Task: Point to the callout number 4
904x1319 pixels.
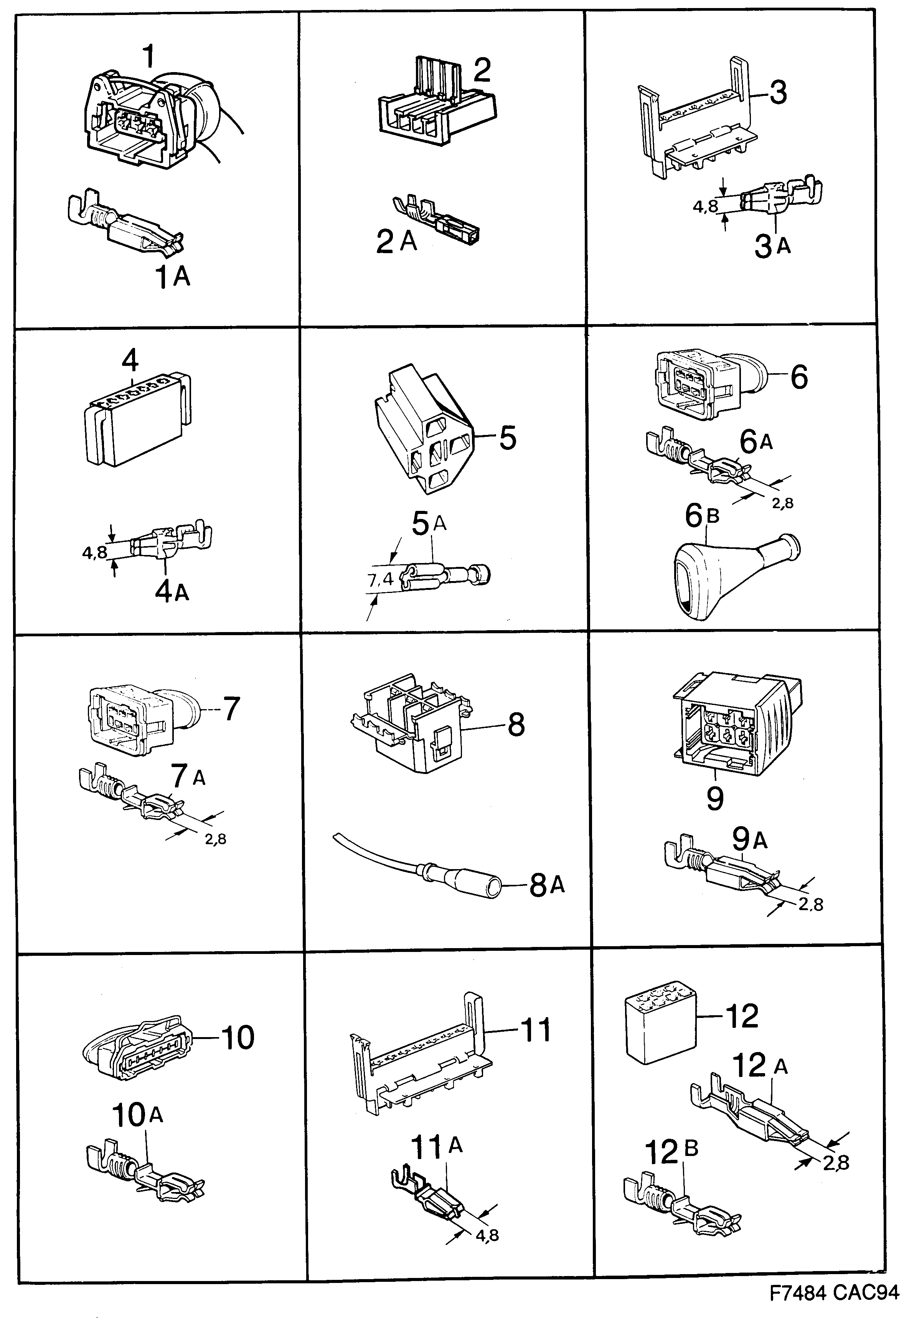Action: tap(130, 361)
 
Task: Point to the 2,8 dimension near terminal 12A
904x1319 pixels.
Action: tap(836, 1163)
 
